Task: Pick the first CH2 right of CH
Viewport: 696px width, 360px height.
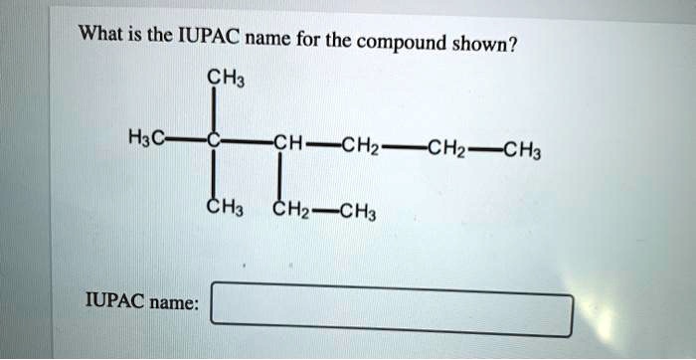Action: click(x=359, y=149)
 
